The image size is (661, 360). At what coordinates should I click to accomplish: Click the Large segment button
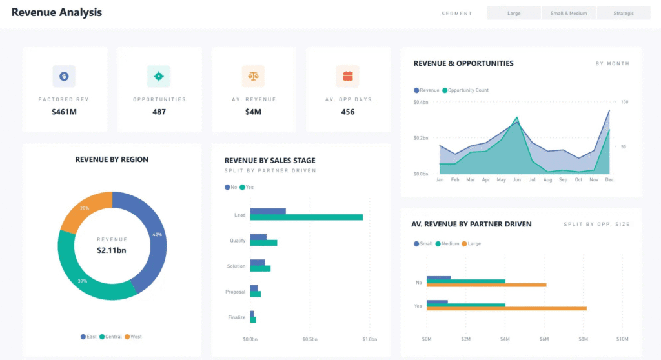(x=514, y=13)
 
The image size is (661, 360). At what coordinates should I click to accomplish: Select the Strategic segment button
(x=624, y=13)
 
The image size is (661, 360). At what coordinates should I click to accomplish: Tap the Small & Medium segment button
(x=569, y=13)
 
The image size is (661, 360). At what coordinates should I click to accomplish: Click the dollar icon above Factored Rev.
(x=64, y=76)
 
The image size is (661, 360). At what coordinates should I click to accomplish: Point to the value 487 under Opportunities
(x=159, y=112)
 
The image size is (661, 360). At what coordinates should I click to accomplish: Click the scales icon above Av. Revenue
(x=253, y=76)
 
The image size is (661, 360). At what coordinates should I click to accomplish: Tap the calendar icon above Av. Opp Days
(x=347, y=76)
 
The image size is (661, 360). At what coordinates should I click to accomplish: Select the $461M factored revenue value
(x=65, y=112)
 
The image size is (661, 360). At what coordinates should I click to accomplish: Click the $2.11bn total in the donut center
(x=112, y=250)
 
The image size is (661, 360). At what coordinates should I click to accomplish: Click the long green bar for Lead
(x=306, y=217)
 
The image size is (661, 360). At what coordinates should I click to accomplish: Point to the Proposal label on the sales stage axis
(x=235, y=292)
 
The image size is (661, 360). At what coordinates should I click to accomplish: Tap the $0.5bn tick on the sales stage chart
(x=309, y=339)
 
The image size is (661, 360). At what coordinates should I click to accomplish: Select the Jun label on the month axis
(x=516, y=180)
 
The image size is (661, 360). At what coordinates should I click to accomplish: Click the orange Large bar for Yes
(x=506, y=309)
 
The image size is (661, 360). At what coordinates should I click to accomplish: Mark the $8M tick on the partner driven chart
(x=583, y=339)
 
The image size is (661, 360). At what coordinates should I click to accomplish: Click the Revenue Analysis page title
(x=57, y=12)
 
